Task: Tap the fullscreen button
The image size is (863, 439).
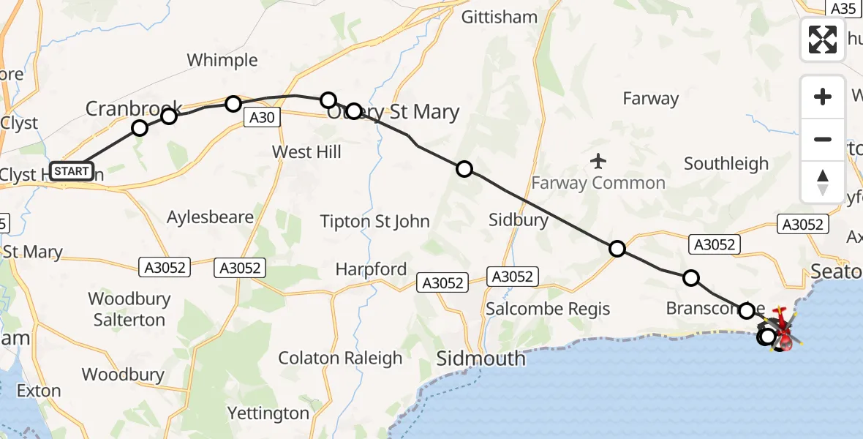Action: (x=823, y=40)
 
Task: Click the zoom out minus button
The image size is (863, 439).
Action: (x=823, y=139)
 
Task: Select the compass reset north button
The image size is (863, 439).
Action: (x=823, y=182)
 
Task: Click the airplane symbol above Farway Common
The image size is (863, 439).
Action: (x=599, y=160)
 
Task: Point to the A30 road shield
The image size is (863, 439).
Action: (x=263, y=117)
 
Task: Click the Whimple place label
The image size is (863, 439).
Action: (x=222, y=60)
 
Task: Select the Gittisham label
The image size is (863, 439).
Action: (x=500, y=17)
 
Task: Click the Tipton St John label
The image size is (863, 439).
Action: (x=374, y=221)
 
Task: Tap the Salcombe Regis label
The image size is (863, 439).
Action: (x=548, y=308)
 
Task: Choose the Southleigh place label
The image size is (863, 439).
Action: (x=726, y=164)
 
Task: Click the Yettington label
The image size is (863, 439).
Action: (x=268, y=413)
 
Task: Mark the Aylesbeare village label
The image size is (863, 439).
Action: (x=210, y=217)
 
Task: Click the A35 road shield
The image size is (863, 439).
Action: (x=843, y=8)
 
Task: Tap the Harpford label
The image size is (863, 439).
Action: (x=371, y=269)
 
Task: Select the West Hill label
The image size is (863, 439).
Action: (x=306, y=151)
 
